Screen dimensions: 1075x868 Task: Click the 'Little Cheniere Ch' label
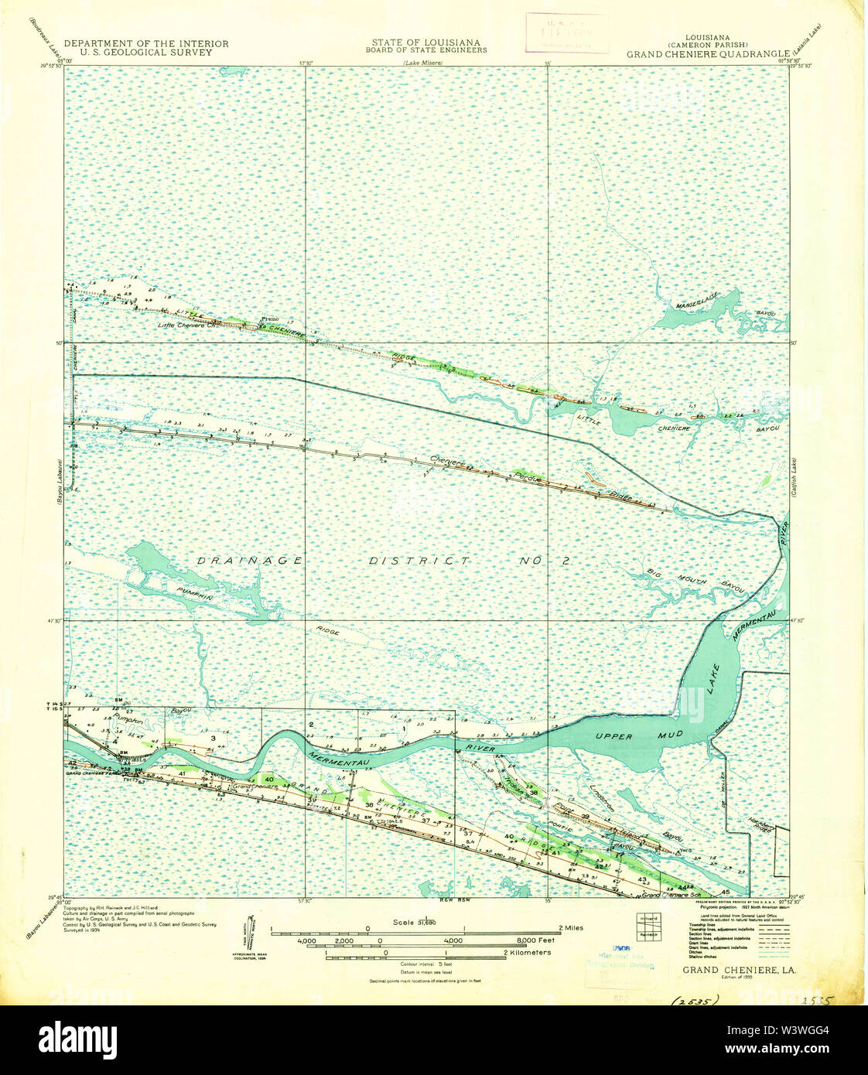pyautogui.click(x=190, y=326)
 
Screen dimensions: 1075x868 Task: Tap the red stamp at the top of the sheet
pyautogui.click(x=566, y=32)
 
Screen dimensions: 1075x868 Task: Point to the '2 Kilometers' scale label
pyautogui.click(x=526, y=953)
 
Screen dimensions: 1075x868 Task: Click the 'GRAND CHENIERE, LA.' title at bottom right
pyautogui.click(x=740, y=969)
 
